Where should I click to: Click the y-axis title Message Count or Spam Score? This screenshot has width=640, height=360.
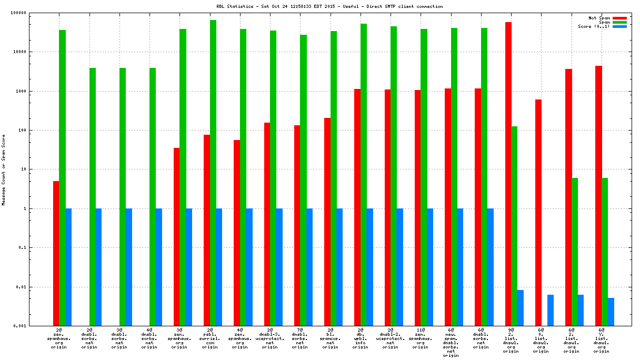[4, 169]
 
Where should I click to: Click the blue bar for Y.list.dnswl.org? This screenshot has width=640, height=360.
[611, 312]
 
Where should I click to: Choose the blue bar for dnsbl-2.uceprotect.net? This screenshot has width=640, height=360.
[400, 267]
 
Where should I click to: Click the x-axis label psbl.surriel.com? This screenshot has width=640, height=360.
[209, 340]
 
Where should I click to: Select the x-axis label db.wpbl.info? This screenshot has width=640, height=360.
[361, 340]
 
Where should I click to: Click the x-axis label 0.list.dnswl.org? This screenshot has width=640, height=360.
[541, 340]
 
